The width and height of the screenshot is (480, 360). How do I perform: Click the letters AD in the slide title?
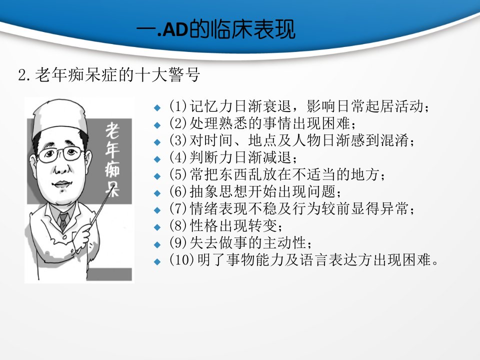(x=174, y=30)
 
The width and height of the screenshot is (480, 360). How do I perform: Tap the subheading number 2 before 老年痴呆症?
(x=22, y=75)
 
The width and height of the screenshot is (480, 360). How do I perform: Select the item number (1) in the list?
(x=178, y=106)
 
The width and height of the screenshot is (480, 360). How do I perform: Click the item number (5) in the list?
(x=178, y=175)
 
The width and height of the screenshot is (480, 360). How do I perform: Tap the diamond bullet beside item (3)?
(x=157, y=142)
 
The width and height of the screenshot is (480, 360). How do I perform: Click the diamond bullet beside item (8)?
(x=157, y=227)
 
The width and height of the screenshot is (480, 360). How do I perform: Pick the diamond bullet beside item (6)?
(x=157, y=193)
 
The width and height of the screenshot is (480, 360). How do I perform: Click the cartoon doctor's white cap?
(x=59, y=117)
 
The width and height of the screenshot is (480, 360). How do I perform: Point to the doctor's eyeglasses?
(x=60, y=154)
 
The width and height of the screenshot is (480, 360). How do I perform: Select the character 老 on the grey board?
(x=112, y=130)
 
